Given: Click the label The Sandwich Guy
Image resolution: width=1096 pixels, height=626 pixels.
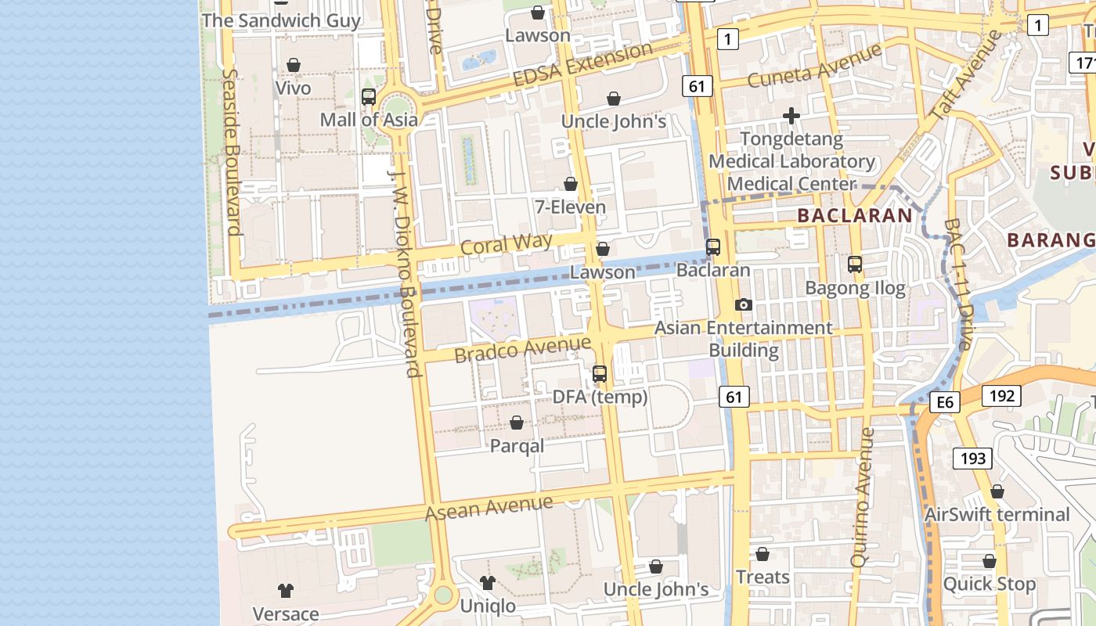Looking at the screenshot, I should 281,20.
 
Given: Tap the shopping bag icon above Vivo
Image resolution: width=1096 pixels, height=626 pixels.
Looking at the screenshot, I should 294,65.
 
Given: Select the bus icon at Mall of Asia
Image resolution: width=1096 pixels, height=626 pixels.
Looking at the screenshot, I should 368,98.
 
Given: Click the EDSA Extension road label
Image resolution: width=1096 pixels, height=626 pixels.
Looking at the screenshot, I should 582,65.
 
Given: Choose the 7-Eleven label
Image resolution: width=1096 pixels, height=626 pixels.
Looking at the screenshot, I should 570,207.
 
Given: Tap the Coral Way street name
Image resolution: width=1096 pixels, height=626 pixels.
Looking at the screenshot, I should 507,244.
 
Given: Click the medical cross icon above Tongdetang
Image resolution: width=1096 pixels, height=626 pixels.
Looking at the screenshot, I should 791,117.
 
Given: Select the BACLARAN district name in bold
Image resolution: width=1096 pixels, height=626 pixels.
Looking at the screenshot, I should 855,215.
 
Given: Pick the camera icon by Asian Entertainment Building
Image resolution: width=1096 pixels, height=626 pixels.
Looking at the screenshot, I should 743,304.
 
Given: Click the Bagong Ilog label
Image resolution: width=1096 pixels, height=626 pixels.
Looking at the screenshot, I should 855,288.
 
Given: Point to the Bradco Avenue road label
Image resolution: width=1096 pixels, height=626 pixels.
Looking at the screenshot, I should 522,349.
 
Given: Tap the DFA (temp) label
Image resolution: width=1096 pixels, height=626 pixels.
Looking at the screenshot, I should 600,397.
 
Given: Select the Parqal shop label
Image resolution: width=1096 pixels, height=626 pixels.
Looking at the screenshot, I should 517,446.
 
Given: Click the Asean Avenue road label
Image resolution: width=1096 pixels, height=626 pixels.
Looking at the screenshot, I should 489,508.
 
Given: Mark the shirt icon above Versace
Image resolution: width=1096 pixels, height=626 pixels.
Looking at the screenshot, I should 285,591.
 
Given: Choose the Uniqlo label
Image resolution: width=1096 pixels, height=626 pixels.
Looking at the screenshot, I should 488,606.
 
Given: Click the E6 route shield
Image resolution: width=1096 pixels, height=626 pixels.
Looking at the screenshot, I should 945,402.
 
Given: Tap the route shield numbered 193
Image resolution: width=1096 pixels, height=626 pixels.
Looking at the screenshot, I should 973,459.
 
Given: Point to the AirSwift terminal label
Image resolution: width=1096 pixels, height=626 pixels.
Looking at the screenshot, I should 997,515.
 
